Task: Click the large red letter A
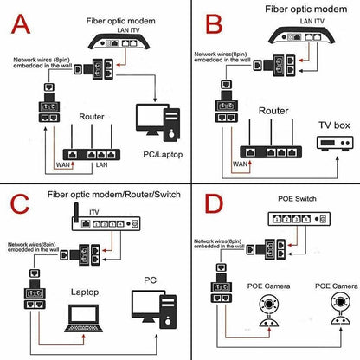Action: [21, 24]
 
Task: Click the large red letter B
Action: [214, 24]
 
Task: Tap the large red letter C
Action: [20, 203]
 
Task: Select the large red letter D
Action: [214, 203]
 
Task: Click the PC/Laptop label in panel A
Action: [163, 155]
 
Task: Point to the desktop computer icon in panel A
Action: [158, 123]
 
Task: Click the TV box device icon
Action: [335, 143]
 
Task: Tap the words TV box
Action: [334, 125]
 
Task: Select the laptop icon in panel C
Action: [84, 318]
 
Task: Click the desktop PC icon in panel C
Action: [154, 309]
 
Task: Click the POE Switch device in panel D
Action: [299, 219]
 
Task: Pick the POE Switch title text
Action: [297, 199]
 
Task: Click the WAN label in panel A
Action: [63, 165]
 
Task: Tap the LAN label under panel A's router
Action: [101, 165]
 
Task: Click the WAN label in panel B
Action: [240, 164]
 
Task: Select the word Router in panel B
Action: [273, 111]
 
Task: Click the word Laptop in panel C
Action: [85, 292]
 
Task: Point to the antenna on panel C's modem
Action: [76, 213]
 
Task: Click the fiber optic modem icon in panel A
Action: [119, 42]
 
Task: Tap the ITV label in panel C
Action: [94, 212]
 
